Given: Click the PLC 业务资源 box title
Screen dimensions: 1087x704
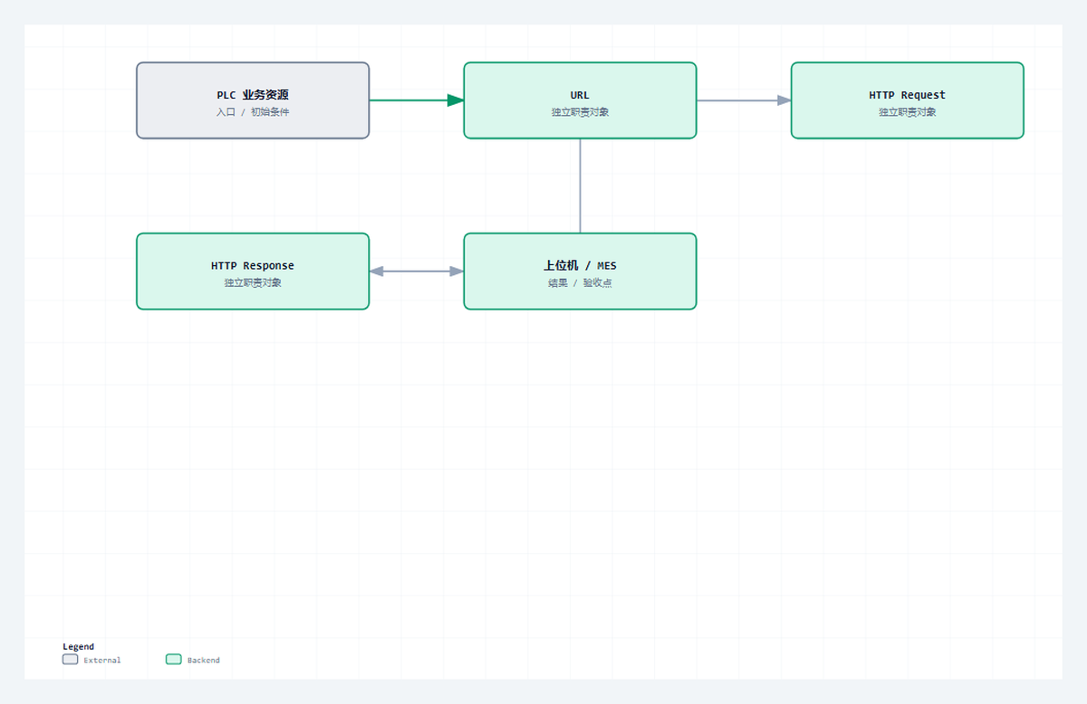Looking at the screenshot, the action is coord(253,94).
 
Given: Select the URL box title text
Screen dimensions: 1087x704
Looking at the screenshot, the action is coord(580,95).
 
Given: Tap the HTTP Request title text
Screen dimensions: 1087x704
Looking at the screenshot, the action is coord(907,95).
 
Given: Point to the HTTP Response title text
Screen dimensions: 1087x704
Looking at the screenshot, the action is coord(253,266).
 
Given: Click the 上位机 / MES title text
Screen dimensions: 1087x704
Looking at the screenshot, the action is coord(580,266).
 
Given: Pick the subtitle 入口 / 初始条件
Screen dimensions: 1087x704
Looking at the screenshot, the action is coord(253,112).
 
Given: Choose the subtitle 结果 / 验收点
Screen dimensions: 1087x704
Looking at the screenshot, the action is coord(580,282).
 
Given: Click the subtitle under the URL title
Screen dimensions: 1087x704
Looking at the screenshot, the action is coord(580,112).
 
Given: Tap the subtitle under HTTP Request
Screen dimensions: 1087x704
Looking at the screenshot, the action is coord(907,112).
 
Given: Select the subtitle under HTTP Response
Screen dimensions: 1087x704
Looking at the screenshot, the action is coord(253,282).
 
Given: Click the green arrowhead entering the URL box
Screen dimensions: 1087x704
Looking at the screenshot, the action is coord(456,100).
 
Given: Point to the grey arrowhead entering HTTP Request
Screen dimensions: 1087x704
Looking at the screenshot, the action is coord(784,100).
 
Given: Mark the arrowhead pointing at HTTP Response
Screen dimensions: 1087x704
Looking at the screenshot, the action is coord(377,271).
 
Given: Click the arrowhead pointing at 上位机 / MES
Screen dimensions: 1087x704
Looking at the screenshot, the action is coord(457,271).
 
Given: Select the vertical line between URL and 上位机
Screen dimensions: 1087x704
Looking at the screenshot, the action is coord(580,186).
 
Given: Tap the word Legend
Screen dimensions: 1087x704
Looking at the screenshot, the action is coord(78,646).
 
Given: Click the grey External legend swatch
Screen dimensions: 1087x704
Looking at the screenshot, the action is coord(71,660).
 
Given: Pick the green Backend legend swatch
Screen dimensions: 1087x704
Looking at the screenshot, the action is coord(174,660).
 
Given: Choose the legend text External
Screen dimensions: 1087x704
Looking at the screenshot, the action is coord(101,660).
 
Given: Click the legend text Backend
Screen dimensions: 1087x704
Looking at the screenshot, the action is coord(203,660).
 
